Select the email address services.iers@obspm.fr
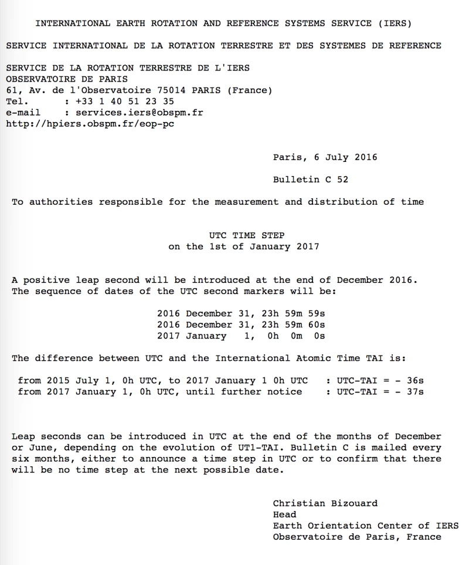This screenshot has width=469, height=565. click(x=140, y=113)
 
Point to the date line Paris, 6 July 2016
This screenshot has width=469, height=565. click(x=325, y=157)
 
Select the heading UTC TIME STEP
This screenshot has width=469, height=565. click(x=243, y=235)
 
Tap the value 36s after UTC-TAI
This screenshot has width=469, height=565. click(x=415, y=381)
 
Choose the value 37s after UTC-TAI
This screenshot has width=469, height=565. click(x=415, y=392)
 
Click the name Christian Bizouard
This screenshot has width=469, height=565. click(x=325, y=503)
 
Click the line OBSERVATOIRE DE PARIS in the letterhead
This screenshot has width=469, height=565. click(x=67, y=79)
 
